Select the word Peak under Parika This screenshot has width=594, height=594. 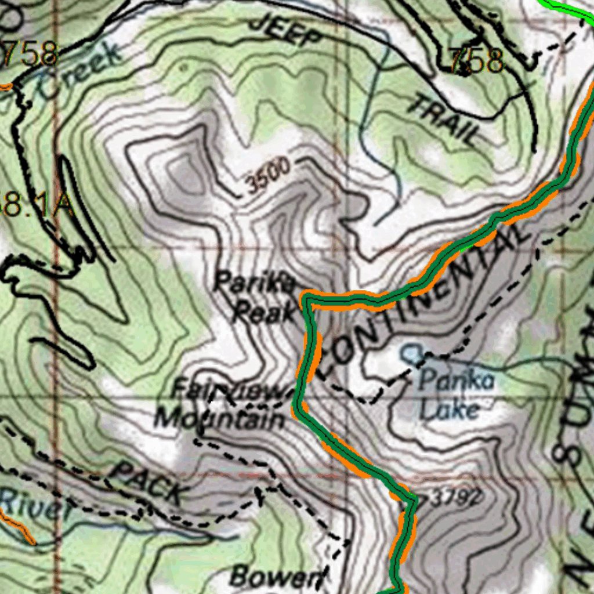click(265, 314)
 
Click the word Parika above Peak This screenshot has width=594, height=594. click(255, 284)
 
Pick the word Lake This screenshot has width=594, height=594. click(449, 410)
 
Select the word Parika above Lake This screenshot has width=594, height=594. click(457, 381)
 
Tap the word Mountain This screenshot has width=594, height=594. click(220, 418)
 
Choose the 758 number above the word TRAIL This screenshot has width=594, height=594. click(476, 60)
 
